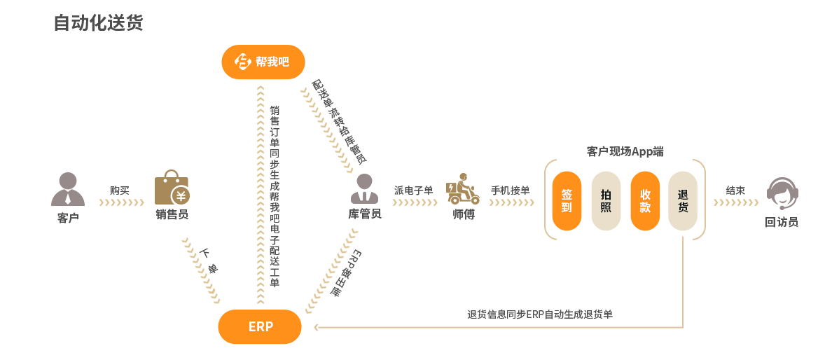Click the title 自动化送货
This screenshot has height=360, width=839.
pyautogui.click(x=98, y=22)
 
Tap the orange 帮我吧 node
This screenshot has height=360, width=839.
pyautogui.click(x=263, y=62)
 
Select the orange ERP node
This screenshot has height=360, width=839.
pyautogui.click(x=260, y=326)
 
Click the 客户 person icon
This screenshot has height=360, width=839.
pyautogui.click(x=68, y=189)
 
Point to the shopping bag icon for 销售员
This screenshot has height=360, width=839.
pyautogui.click(x=172, y=188)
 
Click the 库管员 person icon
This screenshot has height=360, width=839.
pyautogui.click(x=364, y=189)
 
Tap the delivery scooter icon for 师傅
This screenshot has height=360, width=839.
pyautogui.click(x=462, y=188)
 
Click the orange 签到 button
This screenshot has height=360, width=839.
pyautogui.click(x=567, y=201)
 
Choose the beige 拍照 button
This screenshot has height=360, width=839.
pyautogui.click(x=606, y=201)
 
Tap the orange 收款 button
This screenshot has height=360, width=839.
pyautogui.click(x=645, y=201)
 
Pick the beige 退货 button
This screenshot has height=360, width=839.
pyautogui.click(x=683, y=201)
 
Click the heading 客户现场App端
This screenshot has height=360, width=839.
pyautogui.click(x=625, y=151)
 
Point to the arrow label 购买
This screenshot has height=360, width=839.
pyautogui.click(x=120, y=190)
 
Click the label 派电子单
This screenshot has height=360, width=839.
pyautogui.click(x=413, y=190)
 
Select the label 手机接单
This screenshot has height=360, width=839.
pyautogui.click(x=510, y=190)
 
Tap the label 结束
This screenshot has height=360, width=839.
pyautogui.click(x=735, y=190)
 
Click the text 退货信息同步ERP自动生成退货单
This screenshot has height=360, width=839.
pyautogui.click(x=539, y=314)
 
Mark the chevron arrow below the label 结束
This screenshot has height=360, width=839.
pyautogui.click(x=735, y=203)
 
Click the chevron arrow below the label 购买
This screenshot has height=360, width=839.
pyautogui.click(x=121, y=203)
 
